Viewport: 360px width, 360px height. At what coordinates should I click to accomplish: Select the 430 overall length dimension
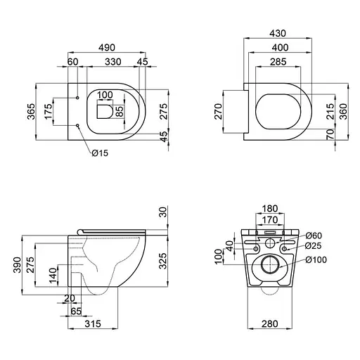(279, 33)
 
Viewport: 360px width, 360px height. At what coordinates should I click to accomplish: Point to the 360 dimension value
(343, 112)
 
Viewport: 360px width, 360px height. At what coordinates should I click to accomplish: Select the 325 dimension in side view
(163, 262)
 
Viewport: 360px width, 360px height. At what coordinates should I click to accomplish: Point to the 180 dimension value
(270, 208)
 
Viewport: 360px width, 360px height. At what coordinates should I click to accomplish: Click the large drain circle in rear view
(271, 265)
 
